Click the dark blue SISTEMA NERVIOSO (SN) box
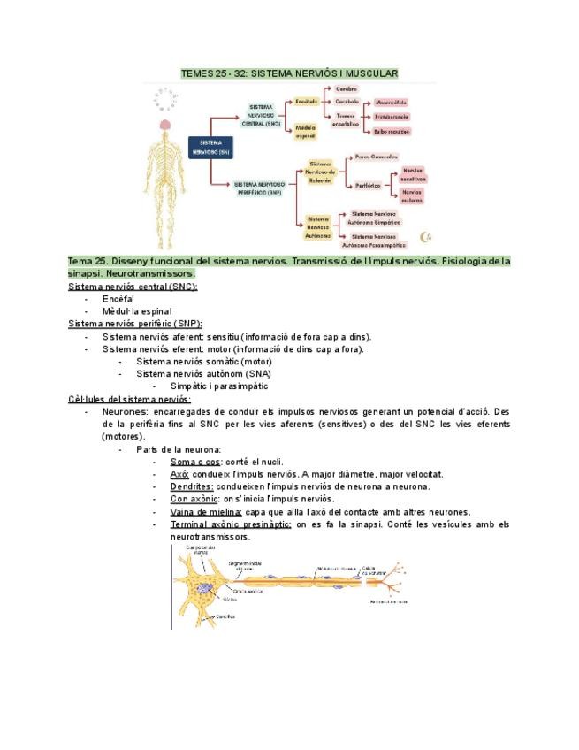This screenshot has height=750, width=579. coord(210,146)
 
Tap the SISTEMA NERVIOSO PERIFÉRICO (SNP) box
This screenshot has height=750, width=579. coord(259,187)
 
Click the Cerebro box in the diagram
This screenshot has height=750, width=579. coord(347,89)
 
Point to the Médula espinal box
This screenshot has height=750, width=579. coord(306,133)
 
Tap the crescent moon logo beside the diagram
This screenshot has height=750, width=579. coord(426,235)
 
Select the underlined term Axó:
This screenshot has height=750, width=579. coord(180,474)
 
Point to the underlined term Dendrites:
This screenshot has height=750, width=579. coord(192,486)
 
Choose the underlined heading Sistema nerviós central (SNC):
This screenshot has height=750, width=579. coord(133,287)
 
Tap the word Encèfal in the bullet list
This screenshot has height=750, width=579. coord(118,299)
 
